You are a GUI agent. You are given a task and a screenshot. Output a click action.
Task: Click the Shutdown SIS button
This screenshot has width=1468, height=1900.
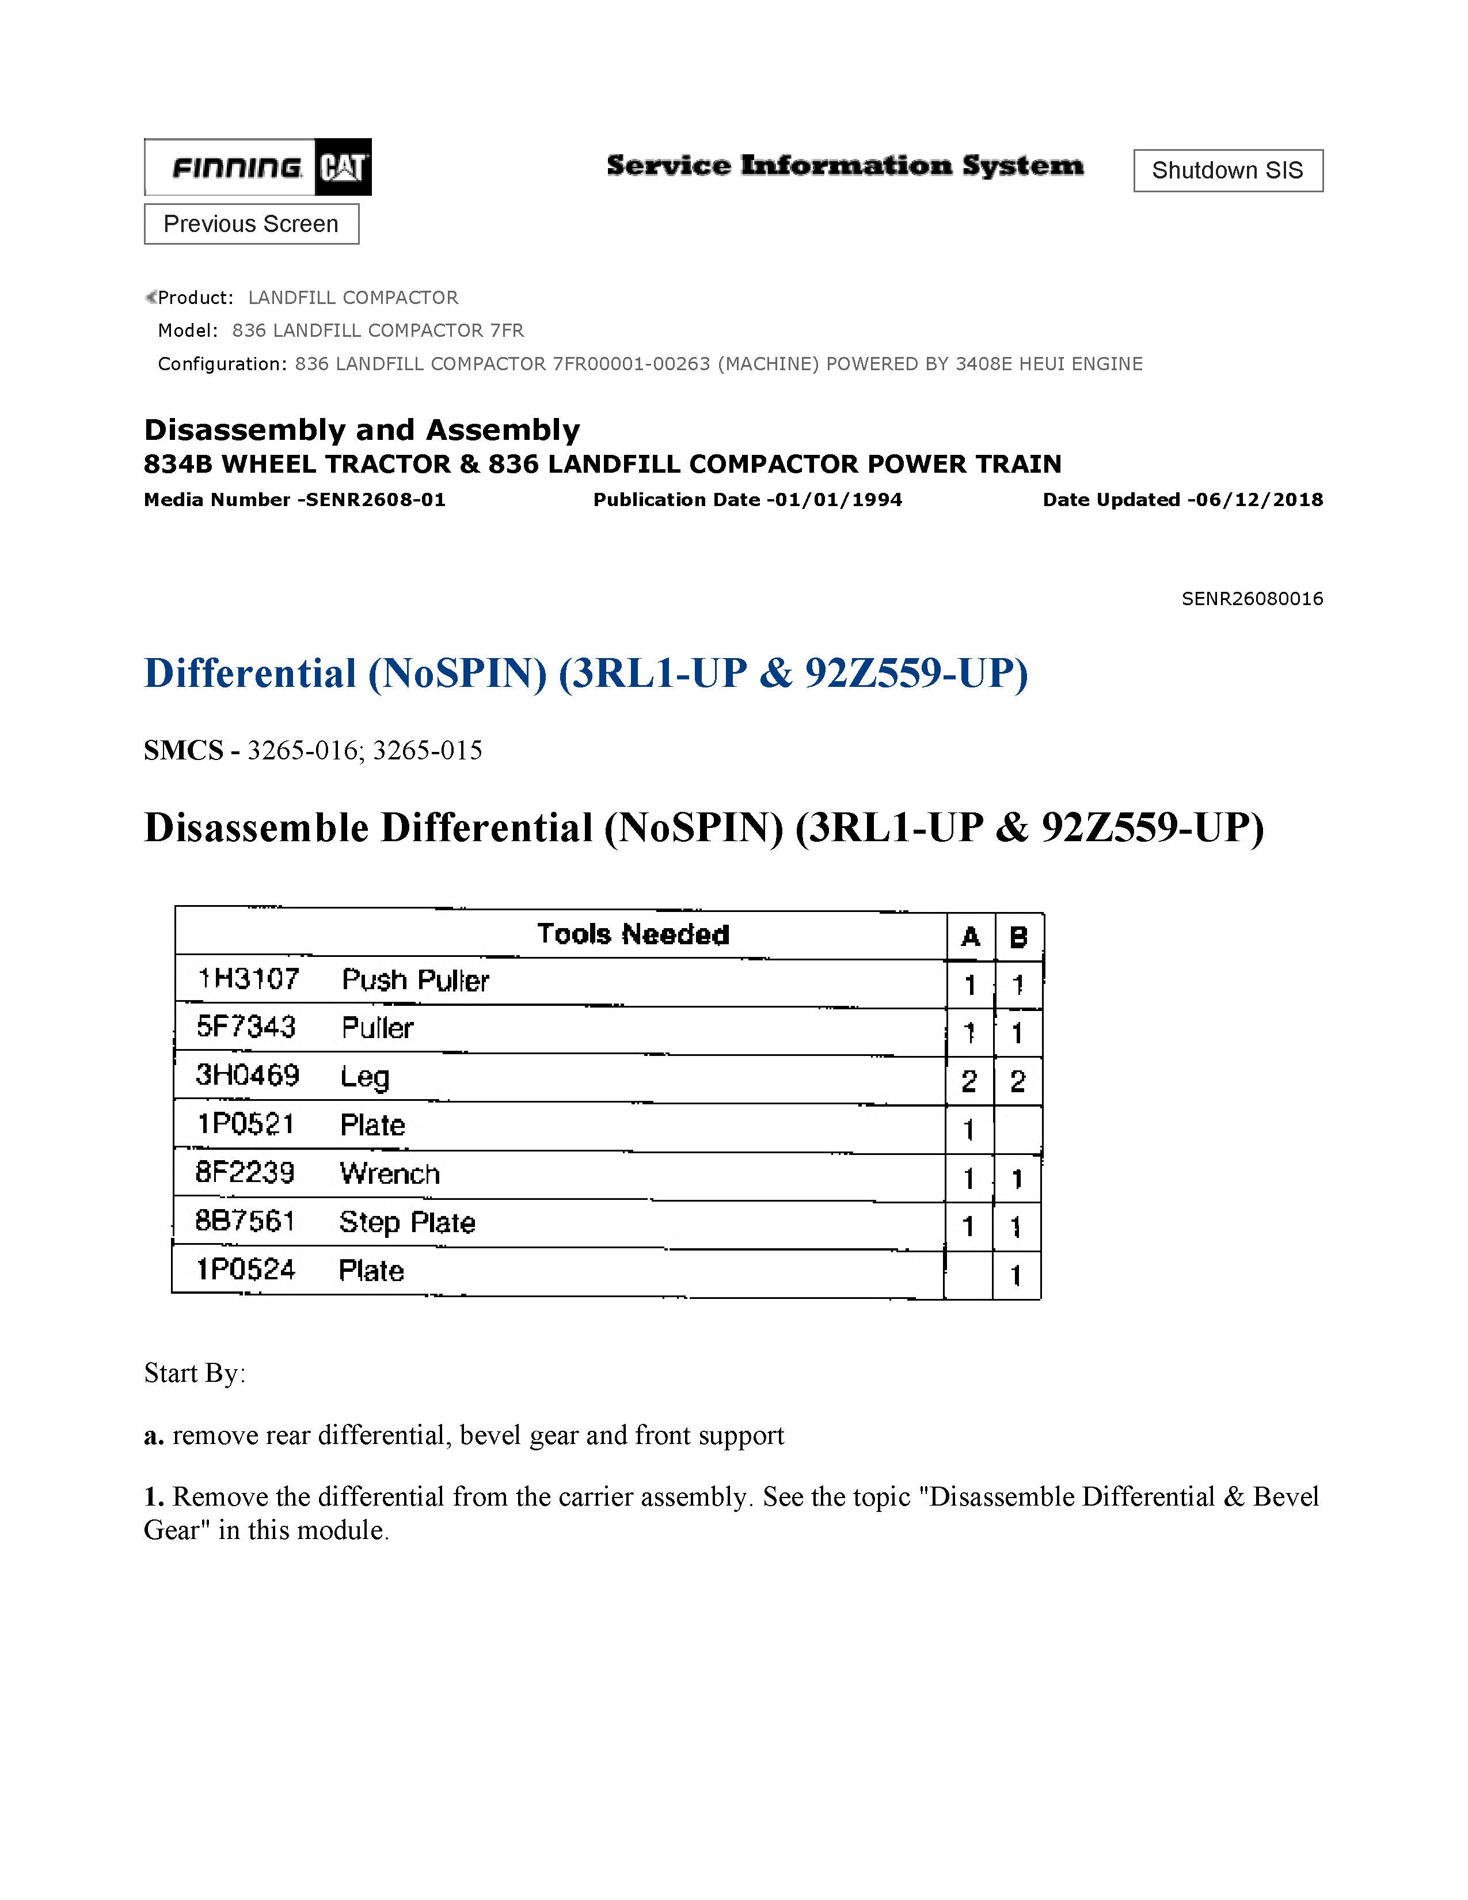[1227, 170]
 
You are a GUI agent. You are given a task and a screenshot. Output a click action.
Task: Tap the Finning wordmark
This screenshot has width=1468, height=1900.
[237, 167]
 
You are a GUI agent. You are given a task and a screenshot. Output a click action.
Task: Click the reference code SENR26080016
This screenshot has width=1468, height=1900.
[1252, 599]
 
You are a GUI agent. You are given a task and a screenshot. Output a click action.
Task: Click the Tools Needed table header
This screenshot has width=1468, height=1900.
[633, 934]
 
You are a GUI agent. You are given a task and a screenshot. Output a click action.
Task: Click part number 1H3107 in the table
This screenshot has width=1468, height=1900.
[249, 979]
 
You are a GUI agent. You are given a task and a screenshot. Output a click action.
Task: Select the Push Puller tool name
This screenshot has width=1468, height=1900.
[415, 981]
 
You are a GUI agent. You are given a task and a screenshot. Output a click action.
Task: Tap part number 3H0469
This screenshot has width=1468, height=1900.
[248, 1076]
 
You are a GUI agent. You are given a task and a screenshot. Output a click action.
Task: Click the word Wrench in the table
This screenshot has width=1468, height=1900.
[390, 1173]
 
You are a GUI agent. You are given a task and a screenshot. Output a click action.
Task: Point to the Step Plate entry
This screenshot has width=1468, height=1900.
[407, 1222]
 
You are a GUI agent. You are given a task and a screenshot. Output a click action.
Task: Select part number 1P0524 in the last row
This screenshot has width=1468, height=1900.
[246, 1270]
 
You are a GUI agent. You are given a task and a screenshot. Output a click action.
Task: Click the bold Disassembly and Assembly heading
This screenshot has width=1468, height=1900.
[362, 430]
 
